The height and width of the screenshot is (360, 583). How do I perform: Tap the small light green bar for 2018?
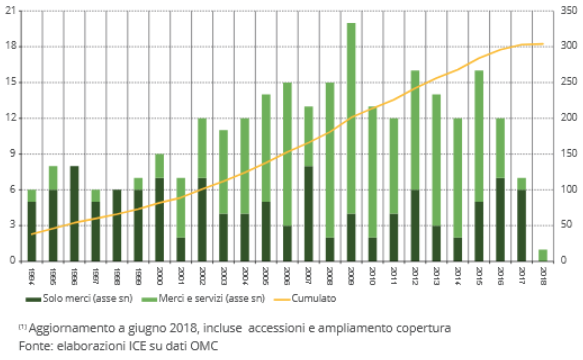point(543,255)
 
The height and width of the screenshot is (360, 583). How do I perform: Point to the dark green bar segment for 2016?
point(500,219)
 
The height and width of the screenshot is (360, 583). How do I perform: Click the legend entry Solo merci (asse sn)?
point(79,299)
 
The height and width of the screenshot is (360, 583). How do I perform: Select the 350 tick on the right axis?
point(569,11)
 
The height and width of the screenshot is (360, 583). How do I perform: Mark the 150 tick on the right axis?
point(569,154)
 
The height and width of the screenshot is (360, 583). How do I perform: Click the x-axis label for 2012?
point(415,275)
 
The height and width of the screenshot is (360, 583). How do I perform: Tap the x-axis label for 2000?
point(160,275)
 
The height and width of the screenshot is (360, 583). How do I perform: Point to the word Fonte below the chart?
point(33,345)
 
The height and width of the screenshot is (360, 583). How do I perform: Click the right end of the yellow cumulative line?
point(543,44)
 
